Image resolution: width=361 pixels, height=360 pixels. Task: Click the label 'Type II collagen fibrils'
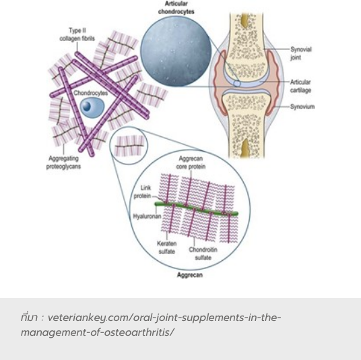[x=77, y=34]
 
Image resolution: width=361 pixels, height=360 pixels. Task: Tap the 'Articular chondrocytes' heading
[x=176, y=7]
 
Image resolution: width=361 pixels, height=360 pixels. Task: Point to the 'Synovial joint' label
[x=300, y=53]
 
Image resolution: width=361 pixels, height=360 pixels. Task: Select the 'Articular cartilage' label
[x=300, y=86]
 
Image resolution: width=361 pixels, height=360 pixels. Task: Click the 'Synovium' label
[x=302, y=107]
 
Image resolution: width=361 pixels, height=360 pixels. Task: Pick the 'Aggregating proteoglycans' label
[x=63, y=162]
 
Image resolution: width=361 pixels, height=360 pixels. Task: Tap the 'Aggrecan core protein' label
[x=191, y=162]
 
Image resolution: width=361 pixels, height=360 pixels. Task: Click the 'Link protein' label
[x=142, y=191]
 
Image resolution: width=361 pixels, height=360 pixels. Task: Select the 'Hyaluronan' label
[x=147, y=216]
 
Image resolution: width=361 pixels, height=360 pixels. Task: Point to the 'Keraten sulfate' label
[x=166, y=247]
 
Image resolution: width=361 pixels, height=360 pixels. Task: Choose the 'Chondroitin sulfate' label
[x=203, y=253]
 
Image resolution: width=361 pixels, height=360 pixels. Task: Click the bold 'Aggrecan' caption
[x=190, y=275]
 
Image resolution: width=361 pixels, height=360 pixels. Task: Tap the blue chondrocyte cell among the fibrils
[x=92, y=107]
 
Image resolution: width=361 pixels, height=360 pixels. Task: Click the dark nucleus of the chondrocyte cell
[x=87, y=106]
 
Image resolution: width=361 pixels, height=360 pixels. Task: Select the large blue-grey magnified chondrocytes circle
[x=176, y=51]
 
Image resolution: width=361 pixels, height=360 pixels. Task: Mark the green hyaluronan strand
[x=196, y=208]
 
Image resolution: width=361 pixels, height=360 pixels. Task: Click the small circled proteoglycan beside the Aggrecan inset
[x=129, y=146]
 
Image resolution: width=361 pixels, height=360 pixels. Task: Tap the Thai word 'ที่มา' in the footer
[x=29, y=317]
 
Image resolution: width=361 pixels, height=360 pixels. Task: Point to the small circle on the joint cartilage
[x=237, y=84]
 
